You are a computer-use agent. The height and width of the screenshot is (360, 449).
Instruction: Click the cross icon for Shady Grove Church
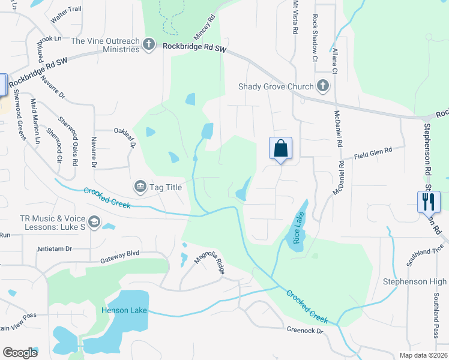pyautogui.click(x=323, y=86)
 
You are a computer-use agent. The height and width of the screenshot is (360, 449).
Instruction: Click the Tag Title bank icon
pyautogui.click(x=140, y=187)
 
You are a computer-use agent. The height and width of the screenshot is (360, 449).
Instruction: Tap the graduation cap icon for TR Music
pyautogui.click(x=94, y=223)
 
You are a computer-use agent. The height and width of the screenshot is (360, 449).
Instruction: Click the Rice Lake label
pyautogui.click(x=297, y=229)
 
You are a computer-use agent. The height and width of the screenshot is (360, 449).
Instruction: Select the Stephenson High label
pyautogui.click(x=415, y=281)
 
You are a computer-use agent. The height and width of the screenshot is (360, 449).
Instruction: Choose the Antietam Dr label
pyautogui.click(x=55, y=248)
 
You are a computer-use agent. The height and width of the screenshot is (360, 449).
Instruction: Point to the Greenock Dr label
pyautogui.click(x=305, y=330)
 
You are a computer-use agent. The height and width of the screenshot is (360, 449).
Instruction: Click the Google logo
pyautogui.click(x=20, y=353)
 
